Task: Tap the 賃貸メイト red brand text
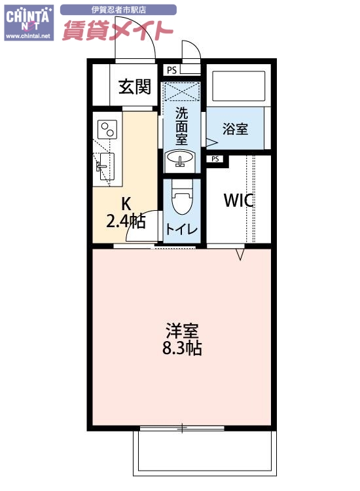click(x=118, y=30)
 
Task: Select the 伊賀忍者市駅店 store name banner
click(x=118, y=10)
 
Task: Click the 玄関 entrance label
click(x=135, y=86)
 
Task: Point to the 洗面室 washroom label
click(x=181, y=125)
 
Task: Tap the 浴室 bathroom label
click(x=235, y=128)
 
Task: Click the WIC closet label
click(x=239, y=200)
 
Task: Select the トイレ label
click(x=181, y=229)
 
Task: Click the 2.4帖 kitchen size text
click(x=126, y=221)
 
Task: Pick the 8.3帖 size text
click(x=181, y=348)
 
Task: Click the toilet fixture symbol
click(x=181, y=196)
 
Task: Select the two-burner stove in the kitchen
click(x=107, y=128)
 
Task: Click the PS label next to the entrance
click(x=171, y=70)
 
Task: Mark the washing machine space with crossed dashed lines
click(x=181, y=90)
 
